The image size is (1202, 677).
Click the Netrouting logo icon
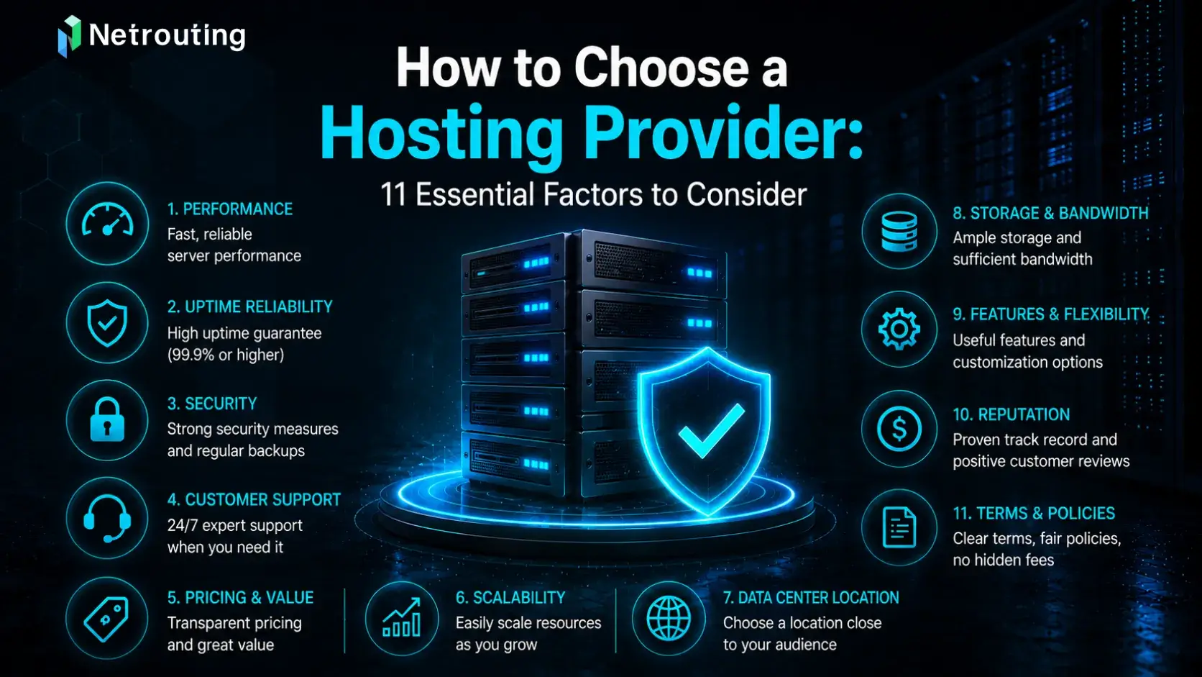pyautogui.click(x=69, y=36)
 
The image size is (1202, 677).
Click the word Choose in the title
pyautogui.click(x=661, y=68)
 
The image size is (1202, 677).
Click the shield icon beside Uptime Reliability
pyautogui.click(x=107, y=322)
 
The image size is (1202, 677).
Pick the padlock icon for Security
pyautogui.click(x=107, y=420)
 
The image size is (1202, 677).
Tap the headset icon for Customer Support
pyautogui.click(x=107, y=519)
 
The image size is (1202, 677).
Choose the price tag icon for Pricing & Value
pyautogui.click(x=107, y=619)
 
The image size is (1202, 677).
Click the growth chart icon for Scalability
pyautogui.click(x=401, y=619)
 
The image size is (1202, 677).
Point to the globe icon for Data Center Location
pyautogui.click(x=669, y=619)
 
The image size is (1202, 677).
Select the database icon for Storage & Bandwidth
pyautogui.click(x=899, y=232)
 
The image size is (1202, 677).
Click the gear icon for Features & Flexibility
pyautogui.click(x=899, y=329)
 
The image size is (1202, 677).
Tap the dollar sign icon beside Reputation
pyautogui.click(x=899, y=429)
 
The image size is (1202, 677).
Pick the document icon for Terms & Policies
pyautogui.click(x=899, y=527)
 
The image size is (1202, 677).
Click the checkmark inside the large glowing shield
pyautogui.click(x=712, y=430)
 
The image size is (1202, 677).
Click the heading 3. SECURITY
pyautogui.click(x=212, y=404)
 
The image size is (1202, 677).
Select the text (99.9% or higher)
pyautogui.click(x=226, y=355)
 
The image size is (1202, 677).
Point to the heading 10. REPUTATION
pyautogui.click(x=1011, y=414)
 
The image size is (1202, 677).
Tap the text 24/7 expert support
pyautogui.click(x=234, y=525)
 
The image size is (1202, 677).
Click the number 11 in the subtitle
pyautogui.click(x=393, y=194)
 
